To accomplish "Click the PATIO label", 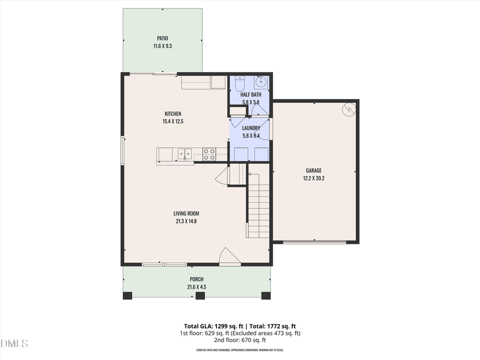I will [x=162, y=38].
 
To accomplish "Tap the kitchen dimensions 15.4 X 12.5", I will [x=173, y=122].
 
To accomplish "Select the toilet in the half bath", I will [x=239, y=84].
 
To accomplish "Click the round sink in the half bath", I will [x=261, y=83].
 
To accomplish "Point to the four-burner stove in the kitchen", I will [x=209, y=154].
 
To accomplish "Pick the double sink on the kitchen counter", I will [x=185, y=154].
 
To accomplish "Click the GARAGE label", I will [x=314, y=171].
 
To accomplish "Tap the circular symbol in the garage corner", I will [x=349, y=109].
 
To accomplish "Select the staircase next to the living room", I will [x=258, y=205].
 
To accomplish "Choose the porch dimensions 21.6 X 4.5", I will [x=196, y=287].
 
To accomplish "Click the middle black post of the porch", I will [x=200, y=295].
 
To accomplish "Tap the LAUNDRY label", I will [x=251, y=128].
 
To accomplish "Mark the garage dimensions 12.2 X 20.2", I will [x=314, y=178].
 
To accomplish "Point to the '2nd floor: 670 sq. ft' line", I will [x=239, y=340].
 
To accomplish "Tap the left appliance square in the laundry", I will [x=241, y=154].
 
